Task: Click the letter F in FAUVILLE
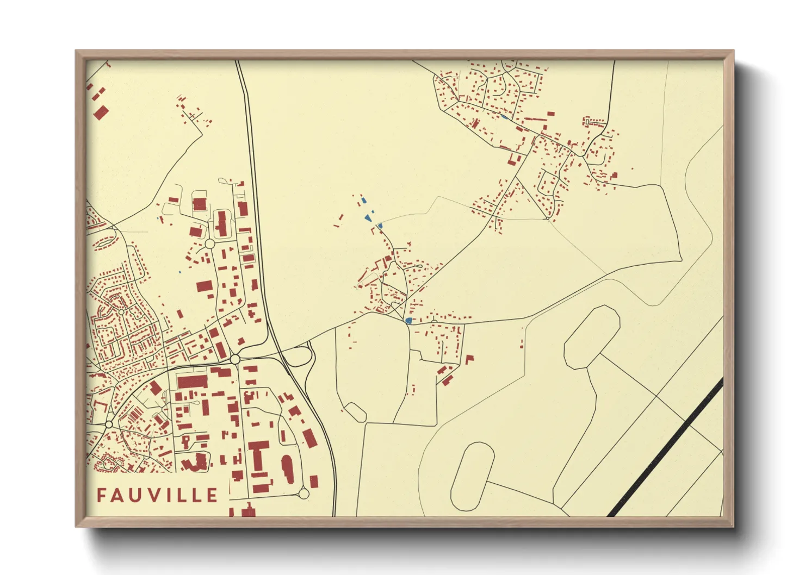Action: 102,495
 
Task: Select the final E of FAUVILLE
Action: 212,495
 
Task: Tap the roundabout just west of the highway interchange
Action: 235,359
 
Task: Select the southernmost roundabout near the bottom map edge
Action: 304,493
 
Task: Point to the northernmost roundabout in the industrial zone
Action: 209,243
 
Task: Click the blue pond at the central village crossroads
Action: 408,321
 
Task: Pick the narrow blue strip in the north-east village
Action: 505,116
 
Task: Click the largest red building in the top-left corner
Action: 101,113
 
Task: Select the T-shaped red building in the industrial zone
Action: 259,455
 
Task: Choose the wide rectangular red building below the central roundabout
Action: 192,380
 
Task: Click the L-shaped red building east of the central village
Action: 469,359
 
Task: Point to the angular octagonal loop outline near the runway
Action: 591,336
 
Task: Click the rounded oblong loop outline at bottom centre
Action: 472,476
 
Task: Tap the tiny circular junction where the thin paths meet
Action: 547,218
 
